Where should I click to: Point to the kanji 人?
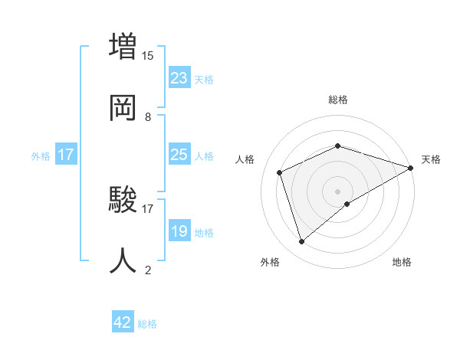122,260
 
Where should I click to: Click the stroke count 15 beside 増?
148,56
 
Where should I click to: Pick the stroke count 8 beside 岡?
148,117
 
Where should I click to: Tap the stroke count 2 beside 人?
148,270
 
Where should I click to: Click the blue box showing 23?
179,78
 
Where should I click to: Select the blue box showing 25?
179,155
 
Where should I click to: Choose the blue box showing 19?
179,231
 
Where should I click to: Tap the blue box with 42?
123,322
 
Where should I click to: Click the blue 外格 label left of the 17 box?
41,155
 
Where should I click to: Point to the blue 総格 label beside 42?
147,323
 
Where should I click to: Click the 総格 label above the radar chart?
338,100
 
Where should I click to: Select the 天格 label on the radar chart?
431,159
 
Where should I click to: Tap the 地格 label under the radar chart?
402,262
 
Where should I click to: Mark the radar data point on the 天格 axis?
411,168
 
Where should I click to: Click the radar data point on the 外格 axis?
301,242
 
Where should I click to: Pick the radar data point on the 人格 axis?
280,172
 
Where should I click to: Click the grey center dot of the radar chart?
338,191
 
